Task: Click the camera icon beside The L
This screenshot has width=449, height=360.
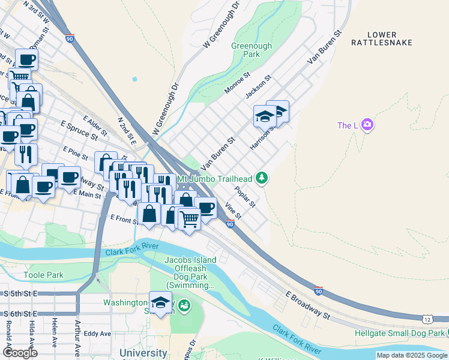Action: [367, 125]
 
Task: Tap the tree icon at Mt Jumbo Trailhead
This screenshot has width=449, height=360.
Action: [261, 178]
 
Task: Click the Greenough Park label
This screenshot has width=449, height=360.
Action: [252, 50]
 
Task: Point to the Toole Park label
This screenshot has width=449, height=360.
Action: [43, 275]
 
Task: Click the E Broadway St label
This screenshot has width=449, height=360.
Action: [308, 306]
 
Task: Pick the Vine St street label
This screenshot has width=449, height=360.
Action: [232, 211]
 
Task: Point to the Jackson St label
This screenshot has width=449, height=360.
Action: [259, 86]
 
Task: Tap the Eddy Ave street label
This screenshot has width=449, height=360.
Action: [98, 334]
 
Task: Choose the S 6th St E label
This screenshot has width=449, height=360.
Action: [20, 314]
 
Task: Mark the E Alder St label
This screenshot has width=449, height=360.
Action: [95, 125]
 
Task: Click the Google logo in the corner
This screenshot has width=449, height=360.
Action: [20, 352]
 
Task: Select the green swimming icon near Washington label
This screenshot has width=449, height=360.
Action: [184, 307]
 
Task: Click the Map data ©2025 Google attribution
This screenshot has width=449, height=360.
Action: [411, 355]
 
